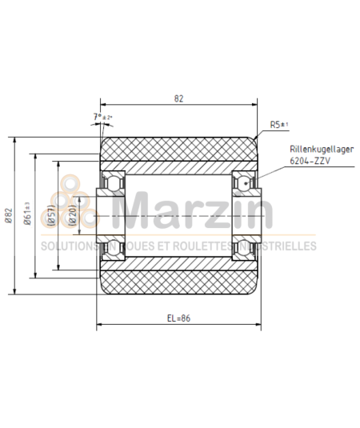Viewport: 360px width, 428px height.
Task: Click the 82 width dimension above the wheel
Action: (178, 99)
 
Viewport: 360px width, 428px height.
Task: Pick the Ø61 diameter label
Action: (28, 215)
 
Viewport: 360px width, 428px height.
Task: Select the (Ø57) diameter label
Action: (50, 215)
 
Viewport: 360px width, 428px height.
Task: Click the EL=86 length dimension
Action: (179, 318)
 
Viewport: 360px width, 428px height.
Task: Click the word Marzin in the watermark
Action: (199, 211)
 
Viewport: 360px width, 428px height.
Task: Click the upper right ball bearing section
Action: (245, 182)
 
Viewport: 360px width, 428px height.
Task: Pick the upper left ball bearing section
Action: (111, 182)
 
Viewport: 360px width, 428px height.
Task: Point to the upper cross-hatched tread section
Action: (178, 150)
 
